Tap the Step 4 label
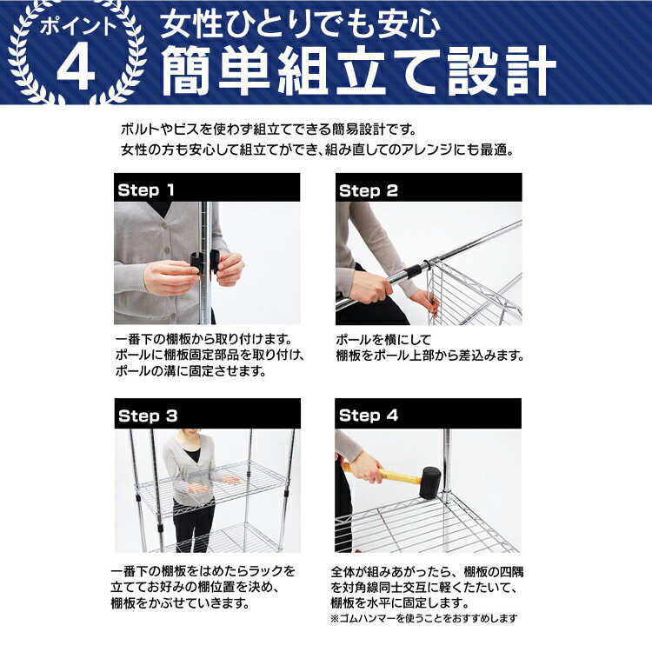tap(368, 416)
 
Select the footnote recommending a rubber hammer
tap(423, 619)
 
